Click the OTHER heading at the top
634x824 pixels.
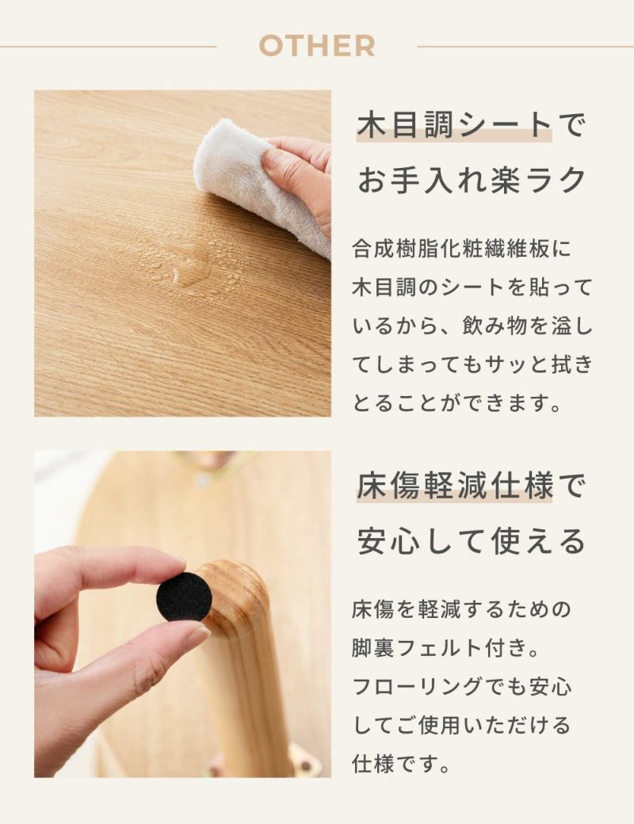tap(317, 46)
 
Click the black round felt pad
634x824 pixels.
tap(184, 594)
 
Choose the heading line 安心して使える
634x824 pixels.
tap(471, 540)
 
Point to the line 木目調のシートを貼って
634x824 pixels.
tap(472, 288)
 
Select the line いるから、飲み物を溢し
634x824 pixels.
tap(472, 326)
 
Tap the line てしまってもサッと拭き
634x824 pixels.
tap(472, 364)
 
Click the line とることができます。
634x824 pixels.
tap(456, 403)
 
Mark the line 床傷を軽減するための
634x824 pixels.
tap(461, 609)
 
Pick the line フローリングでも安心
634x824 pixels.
tap(461, 687)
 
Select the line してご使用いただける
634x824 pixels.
tap(461, 725)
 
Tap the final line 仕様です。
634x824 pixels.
tap(402, 764)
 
